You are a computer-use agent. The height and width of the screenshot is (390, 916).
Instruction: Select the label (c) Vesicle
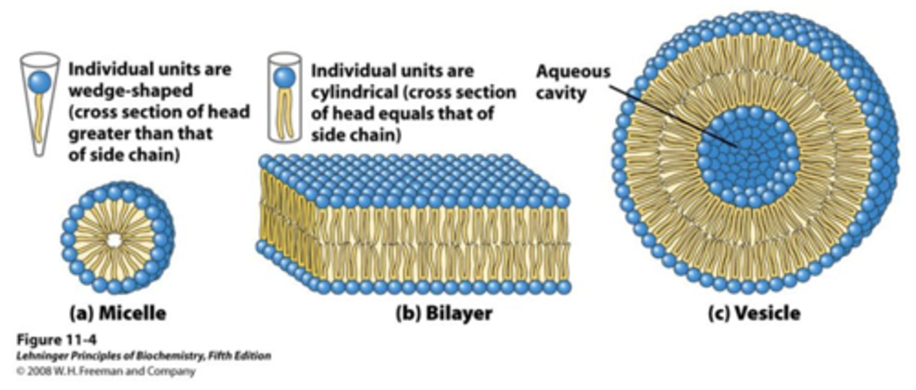[x=754, y=313]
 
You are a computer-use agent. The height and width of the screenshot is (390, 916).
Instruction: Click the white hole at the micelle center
[x=114, y=240]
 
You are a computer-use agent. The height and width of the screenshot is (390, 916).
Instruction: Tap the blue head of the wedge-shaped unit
[x=39, y=81]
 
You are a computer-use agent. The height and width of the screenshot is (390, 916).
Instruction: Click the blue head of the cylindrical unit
[x=284, y=77]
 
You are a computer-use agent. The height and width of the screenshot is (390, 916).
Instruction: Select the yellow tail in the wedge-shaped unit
[x=38, y=121]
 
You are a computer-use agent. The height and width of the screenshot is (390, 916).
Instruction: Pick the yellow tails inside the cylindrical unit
[x=284, y=115]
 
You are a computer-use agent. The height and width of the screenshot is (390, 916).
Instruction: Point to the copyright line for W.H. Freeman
[x=105, y=370]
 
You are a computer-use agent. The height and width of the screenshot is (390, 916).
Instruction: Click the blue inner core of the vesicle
[x=748, y=156]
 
